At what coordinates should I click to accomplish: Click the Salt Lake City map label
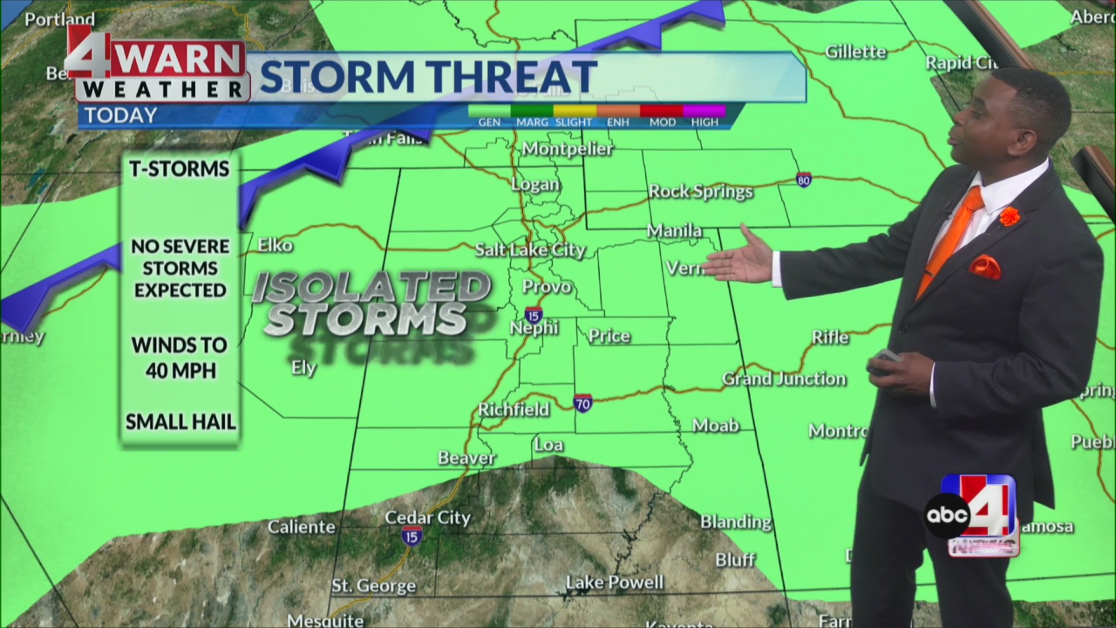coord(530,250)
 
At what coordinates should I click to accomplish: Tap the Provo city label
coord(546,287)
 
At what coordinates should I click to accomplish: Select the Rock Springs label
coord(700,191)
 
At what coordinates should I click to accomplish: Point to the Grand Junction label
coord(784,379)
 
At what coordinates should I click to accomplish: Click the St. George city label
coord(374,586)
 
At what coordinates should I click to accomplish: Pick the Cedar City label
coord(427,517)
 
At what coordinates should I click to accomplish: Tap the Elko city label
coord(275,245)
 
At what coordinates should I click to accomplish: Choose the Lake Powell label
coord(614,582)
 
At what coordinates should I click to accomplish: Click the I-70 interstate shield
coord(583,403)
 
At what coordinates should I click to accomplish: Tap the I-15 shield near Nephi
coord(533,315)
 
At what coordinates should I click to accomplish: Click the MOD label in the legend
coord(662,122)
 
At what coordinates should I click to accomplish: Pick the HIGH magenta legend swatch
coord(704,110)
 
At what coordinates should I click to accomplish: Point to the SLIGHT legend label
coord(573,122)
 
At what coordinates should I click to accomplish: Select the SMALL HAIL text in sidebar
coord(181,422)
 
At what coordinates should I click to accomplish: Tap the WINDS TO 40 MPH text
coord(180,358)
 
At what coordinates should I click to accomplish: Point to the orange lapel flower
coord(1010,216)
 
